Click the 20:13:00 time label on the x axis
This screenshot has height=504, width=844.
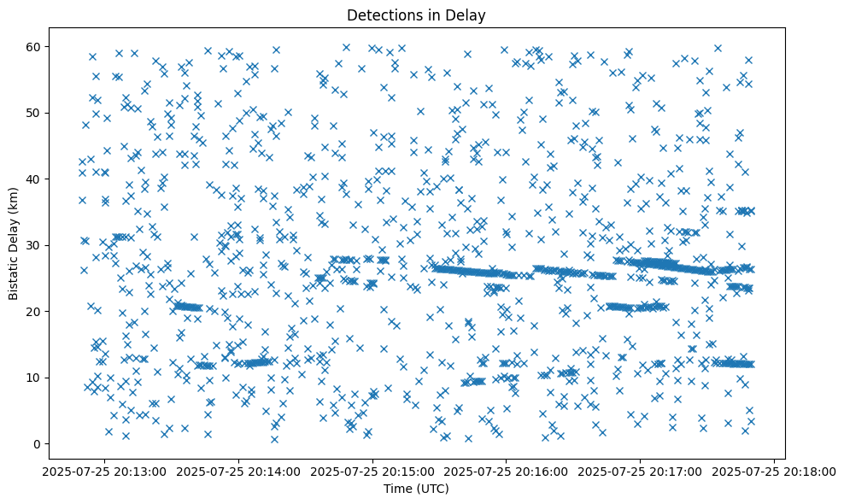point(104,471)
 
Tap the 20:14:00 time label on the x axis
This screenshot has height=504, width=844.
point(238,471)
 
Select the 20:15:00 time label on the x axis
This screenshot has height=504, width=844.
point(372,471)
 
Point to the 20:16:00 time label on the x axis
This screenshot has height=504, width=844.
point(507,471)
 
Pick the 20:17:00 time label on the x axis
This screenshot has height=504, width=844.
point(641,471)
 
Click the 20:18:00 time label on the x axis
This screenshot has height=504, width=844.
point(775,471)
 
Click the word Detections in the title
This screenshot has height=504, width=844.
point(380,15)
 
